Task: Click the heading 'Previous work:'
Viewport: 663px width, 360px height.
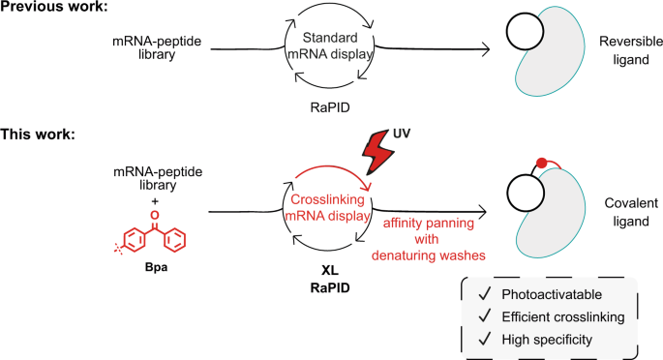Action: (57, 11)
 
